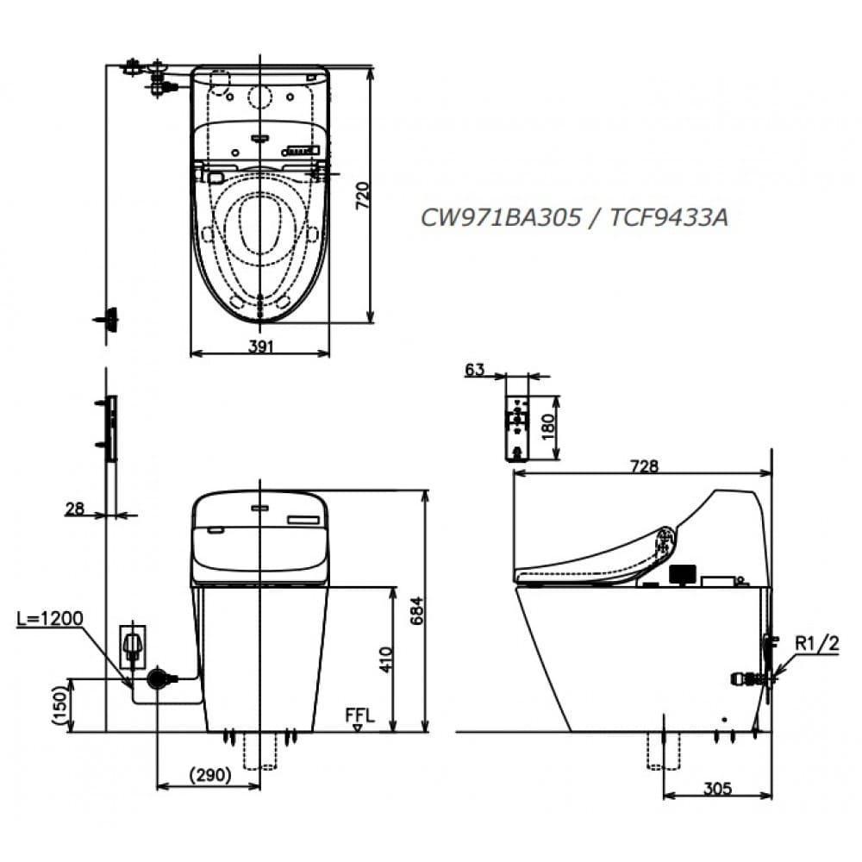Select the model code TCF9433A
coord(669,218)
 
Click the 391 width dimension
coord(260,346)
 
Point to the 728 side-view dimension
coord(643,466)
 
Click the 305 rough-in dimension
coord(717,788)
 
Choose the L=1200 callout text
coord(50,618)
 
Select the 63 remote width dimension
coord(474,370)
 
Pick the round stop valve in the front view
coord(156,678)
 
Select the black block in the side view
coord(682,574)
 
